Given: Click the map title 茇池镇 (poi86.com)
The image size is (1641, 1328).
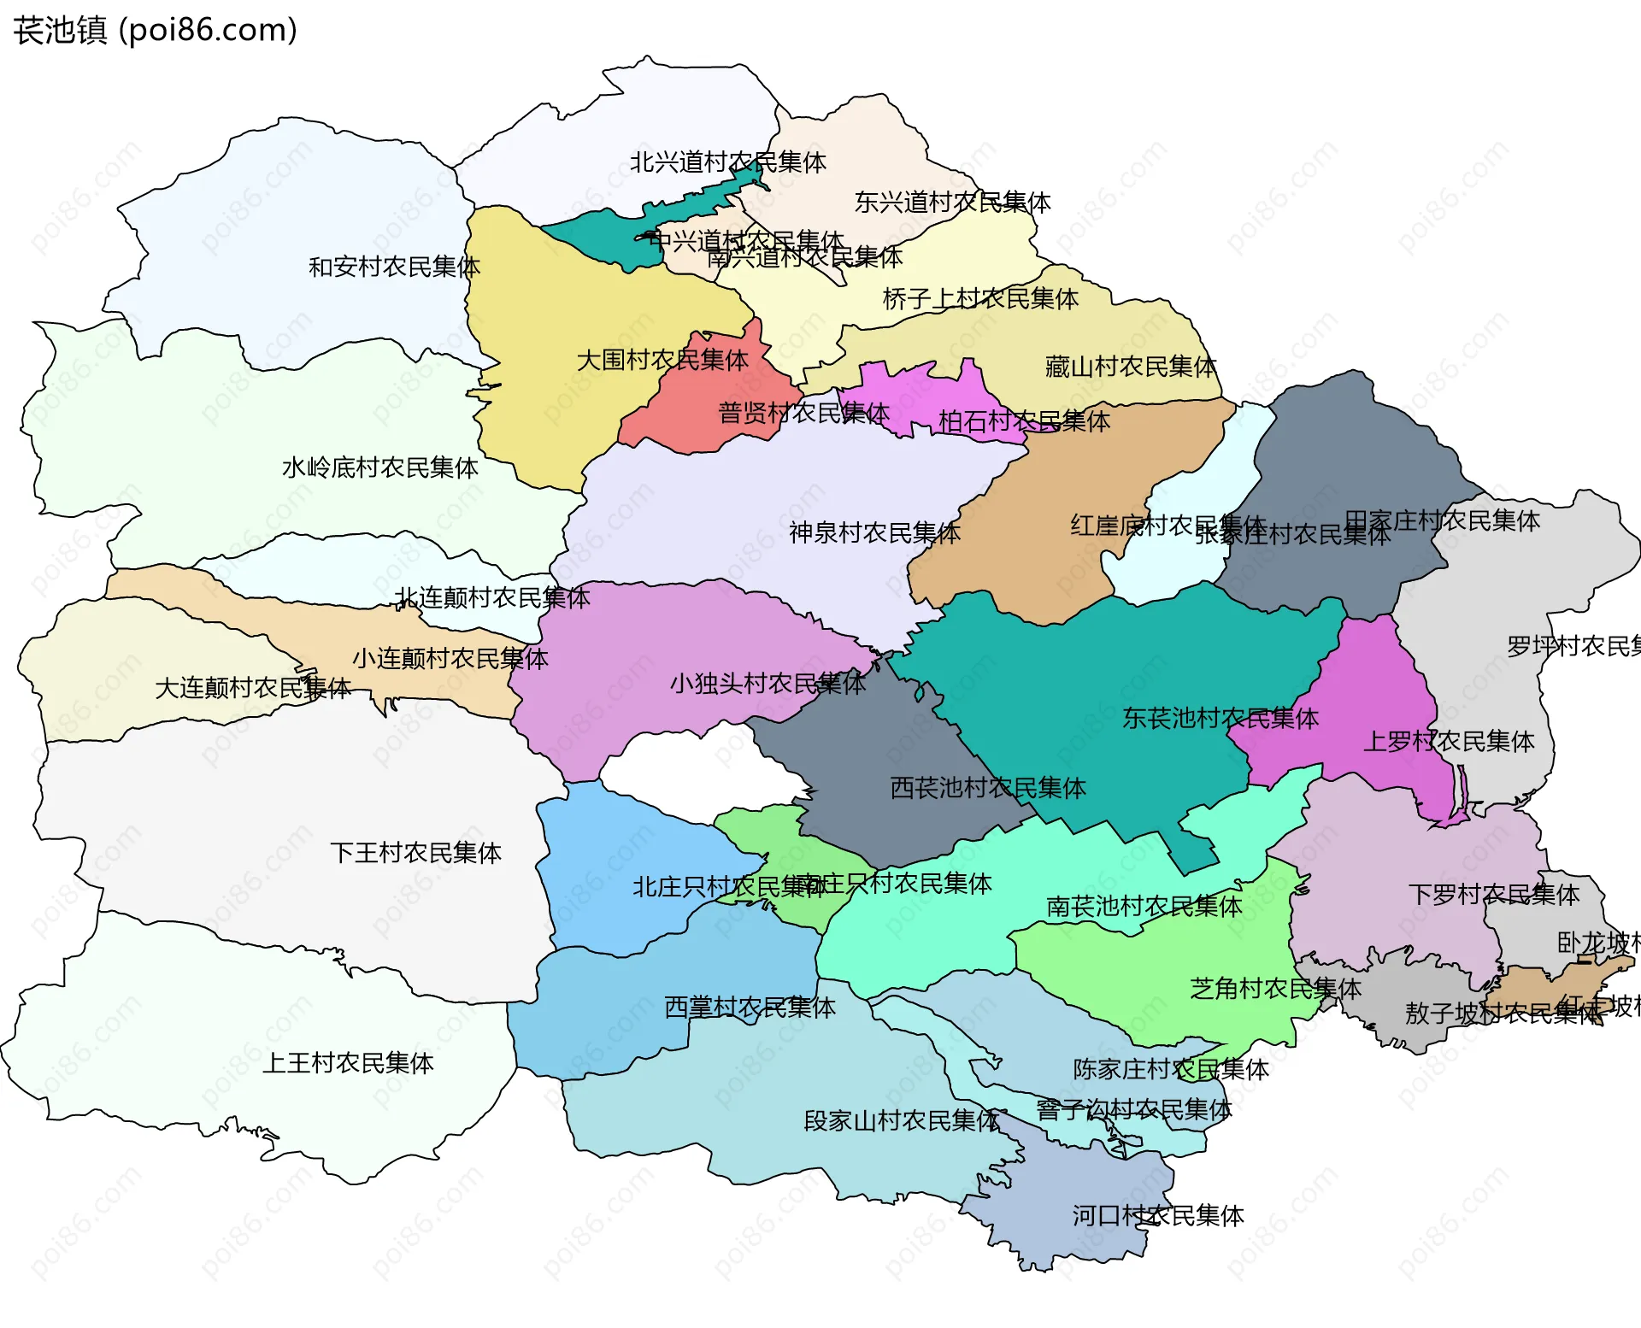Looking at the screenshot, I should pyautogui.click(x=155, y=30).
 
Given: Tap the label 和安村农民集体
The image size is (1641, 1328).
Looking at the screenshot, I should pyautogui.click(x=394, y=267).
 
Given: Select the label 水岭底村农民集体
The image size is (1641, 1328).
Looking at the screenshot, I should pyautogui.click(x=379, y=467).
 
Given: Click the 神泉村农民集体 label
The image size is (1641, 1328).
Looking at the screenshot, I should pyautogui.click(x=874, y=532).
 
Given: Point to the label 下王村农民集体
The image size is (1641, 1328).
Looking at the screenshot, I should pyautogui.click(x=415, y=852).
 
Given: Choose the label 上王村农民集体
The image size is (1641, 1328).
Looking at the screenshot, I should pyautogui.click(x=348, y=1062).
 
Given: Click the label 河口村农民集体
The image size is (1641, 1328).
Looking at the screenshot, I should pyautogui.click(x=1158, y=1215).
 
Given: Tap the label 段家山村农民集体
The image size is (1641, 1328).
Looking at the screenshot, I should pyautogui.click(x=902, y=1120).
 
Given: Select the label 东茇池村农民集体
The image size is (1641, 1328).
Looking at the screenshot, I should pyautogui.click(x=1220, y=718).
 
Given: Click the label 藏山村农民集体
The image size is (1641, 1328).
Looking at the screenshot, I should pyautogui.click(x=1130, y=367).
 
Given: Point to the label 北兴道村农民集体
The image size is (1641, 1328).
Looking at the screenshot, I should pyautogui.click(x=727, y=162).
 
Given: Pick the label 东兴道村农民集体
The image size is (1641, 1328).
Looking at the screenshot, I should pyautogui.click(x=952, y=202).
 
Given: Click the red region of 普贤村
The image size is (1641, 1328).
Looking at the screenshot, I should pyautogui.click(x=684, y=419).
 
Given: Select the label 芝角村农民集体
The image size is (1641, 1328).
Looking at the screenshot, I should pyautogui.click(x=1275, y=988).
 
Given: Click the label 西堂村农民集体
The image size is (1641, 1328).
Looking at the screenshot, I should pyautogui.click(x=750, y=1007).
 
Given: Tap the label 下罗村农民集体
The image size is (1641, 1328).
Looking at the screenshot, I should pyautogui.click(x=1493, y=894).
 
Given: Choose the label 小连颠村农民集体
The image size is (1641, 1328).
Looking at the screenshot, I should pyautogui.click(x=450, y=658).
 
